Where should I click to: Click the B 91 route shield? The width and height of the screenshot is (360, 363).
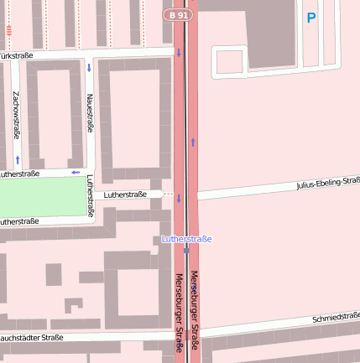[177, 15]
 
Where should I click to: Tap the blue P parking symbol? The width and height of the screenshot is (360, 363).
[311, 18]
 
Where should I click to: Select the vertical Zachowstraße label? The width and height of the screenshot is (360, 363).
[17, 115]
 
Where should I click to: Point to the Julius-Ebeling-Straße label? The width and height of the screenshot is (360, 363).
[327, 184]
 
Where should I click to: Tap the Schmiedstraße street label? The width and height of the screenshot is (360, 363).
[335, 319]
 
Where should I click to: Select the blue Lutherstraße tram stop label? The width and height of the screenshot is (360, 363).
[186, 239]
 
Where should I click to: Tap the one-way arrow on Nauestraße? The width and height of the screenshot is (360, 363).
[89, 66]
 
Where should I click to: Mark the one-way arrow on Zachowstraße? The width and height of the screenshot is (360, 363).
[17, 159]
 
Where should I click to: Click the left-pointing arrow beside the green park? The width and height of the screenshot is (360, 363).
[75, 173]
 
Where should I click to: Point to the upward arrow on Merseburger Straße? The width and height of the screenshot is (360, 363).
[193, 142]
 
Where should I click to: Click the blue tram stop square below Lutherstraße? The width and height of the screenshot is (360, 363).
[186, 250]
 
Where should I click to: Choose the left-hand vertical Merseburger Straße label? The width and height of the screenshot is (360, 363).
[179, 312]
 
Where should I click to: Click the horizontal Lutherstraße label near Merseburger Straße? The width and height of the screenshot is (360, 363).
[125, 194]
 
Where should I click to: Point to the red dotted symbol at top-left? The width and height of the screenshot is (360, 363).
[8, 31]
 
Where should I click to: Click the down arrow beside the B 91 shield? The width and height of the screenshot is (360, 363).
[178, 54]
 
